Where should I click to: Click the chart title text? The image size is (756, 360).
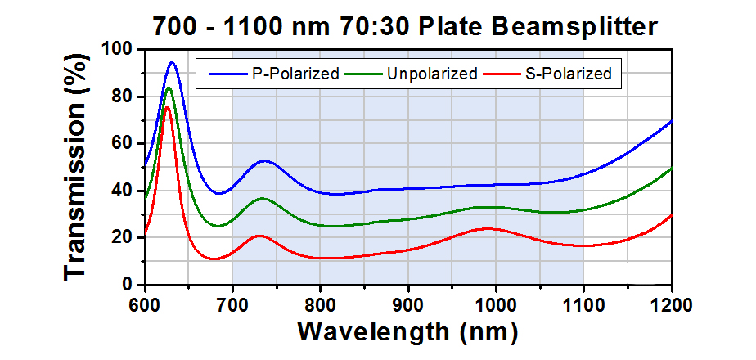tap(405, 26)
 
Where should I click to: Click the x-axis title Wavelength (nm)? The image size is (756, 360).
tap(407, 331)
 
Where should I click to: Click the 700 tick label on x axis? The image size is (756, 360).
tap(232, 304)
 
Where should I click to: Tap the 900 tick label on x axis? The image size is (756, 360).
tap(408, 304)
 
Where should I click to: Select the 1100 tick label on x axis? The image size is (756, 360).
tap(583, 304)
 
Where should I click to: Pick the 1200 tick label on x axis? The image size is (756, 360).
tap(671, 304)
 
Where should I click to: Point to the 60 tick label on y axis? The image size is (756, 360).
tap(122, 144)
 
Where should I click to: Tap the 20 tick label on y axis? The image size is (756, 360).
tap(122, 238)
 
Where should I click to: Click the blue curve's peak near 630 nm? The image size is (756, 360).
tap(172, 62)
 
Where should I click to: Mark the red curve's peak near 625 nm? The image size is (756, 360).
tap(167, 106)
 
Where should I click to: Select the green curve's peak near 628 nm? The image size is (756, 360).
tap(169, 88)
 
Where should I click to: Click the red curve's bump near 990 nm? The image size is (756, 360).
tap(488, 228)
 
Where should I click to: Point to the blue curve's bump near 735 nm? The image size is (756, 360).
tap(264, 161)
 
